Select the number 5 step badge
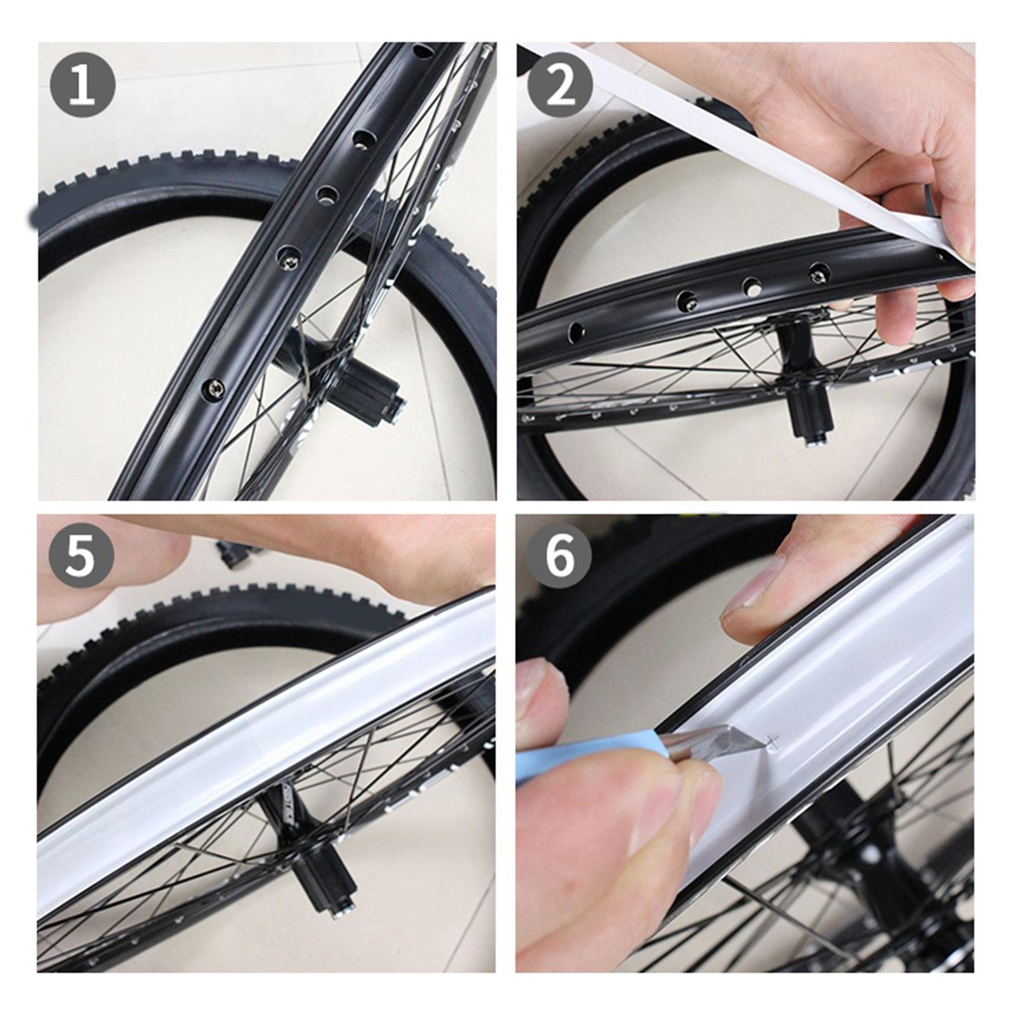pyautogui.click(x=81, y=556)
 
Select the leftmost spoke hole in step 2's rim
pyautogui.click(x=576, y=331)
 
